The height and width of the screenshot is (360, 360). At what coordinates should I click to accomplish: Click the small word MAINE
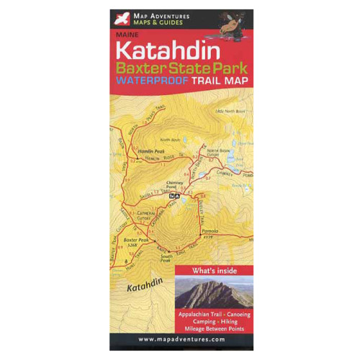124,34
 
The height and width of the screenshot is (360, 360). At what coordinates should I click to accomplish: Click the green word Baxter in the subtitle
143,68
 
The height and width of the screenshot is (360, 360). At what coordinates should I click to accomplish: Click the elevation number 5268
132,245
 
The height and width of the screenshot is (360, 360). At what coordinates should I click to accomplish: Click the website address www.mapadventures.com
181,339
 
